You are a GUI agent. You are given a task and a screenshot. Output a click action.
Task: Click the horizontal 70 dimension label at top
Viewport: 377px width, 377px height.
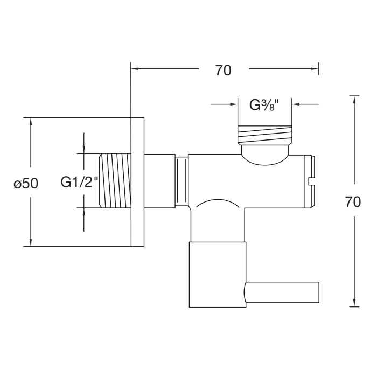point(223,70)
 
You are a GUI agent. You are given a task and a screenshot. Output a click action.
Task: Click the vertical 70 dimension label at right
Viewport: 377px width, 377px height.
point(353,202)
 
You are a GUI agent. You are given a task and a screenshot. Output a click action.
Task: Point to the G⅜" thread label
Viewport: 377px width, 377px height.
point(264,105)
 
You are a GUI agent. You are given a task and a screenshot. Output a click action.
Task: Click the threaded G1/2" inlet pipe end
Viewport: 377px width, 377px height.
point(115,181)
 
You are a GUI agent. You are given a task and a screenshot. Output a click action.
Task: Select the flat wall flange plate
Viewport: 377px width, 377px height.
point(137,182)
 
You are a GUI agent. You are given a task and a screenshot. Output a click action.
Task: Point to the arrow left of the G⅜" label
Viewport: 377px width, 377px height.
point(233,104)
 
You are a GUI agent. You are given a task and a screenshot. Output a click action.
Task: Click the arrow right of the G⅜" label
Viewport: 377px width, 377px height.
point(297,104)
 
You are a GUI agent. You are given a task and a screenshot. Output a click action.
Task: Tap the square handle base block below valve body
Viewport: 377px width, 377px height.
point(217,275)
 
